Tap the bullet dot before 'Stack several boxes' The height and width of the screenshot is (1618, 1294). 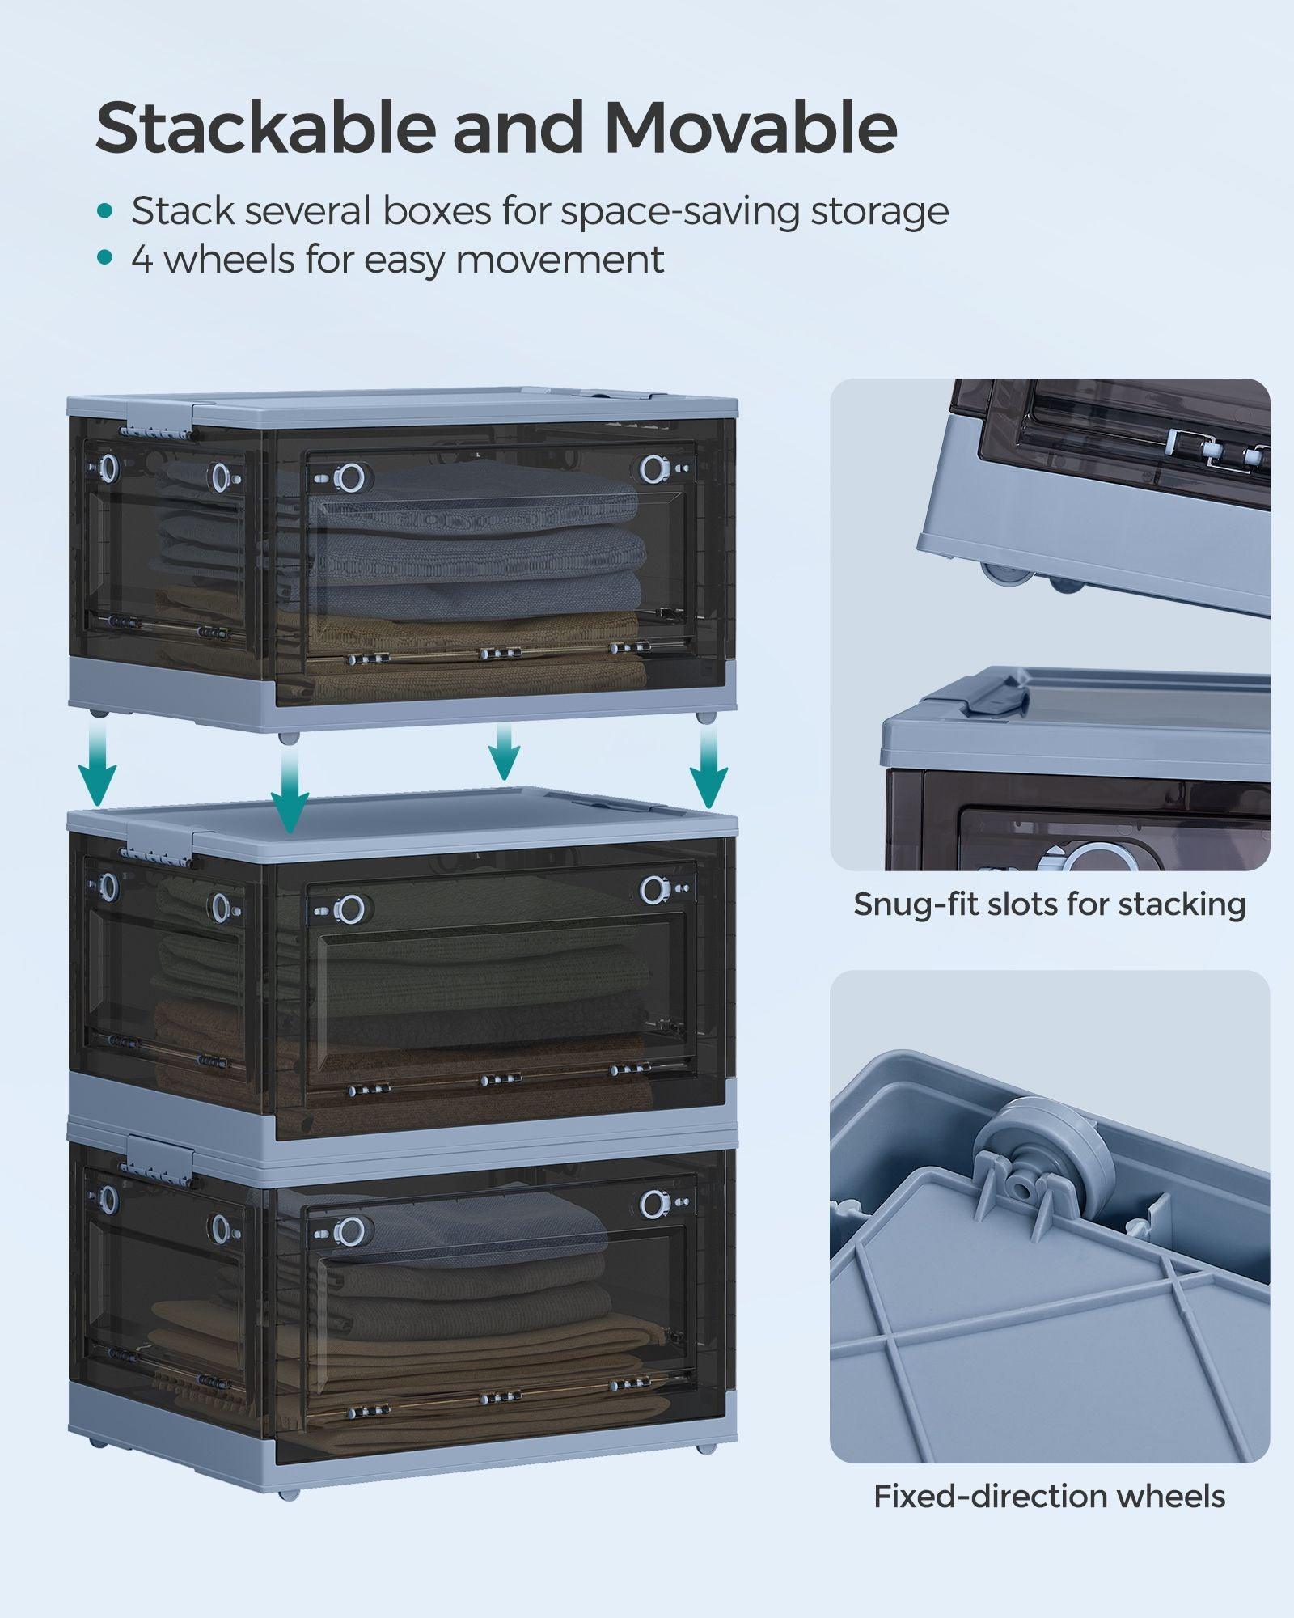(104, 211)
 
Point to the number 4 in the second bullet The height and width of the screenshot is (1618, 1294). (142, 260)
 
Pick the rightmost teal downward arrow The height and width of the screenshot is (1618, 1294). (708, 765)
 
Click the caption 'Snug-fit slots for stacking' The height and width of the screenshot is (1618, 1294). (1049, 904)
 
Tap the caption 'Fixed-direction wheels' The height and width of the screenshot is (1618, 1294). (1049, 1496)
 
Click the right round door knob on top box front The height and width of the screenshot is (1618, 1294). (653, 468)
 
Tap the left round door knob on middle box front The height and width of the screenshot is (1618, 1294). (349, 909)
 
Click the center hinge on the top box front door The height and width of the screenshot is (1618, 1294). (500, 653)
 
